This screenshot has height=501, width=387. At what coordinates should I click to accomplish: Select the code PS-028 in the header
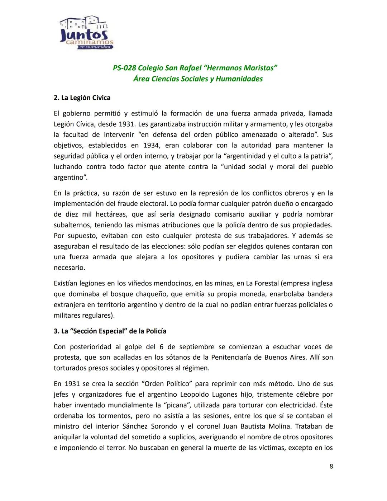click(124, 68)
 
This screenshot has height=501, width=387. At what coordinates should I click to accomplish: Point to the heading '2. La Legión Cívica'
click(82, 98)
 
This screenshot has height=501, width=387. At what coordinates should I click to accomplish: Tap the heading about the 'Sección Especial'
click(110, 331)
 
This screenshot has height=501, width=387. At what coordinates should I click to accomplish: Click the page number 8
click(331, 466)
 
